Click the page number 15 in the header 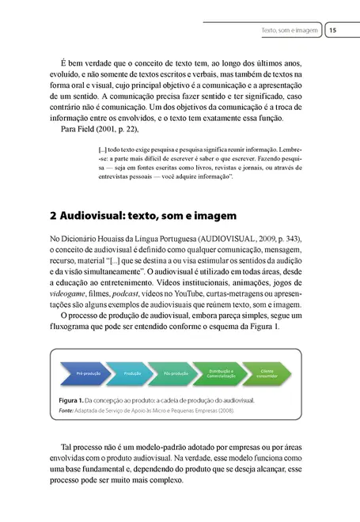[x=332, y=31]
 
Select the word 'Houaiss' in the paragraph [x=125, y=239]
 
